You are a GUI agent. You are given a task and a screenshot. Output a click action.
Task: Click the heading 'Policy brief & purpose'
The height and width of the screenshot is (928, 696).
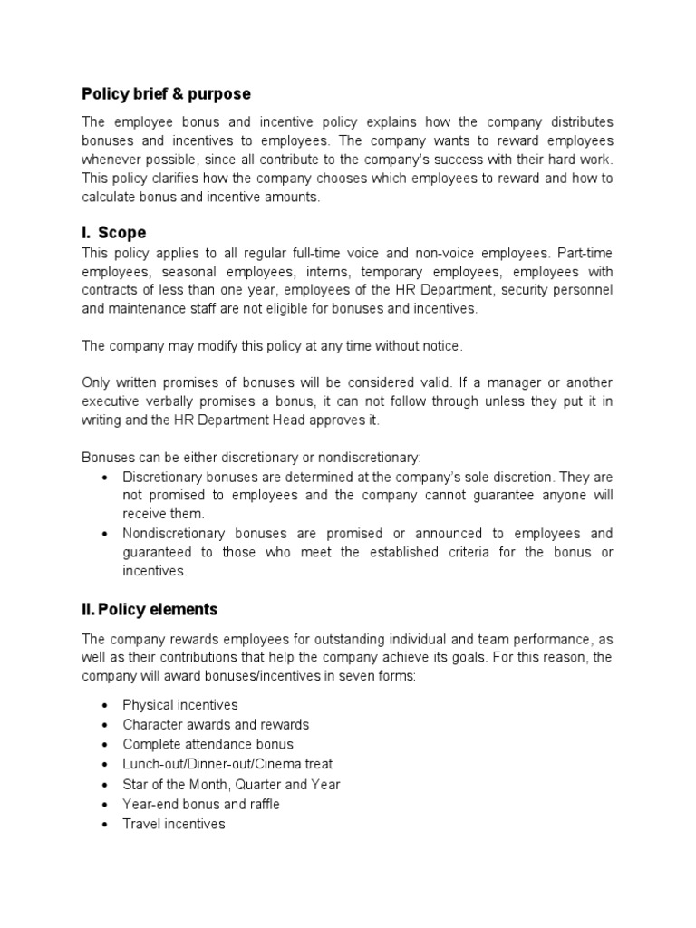pos(166,94)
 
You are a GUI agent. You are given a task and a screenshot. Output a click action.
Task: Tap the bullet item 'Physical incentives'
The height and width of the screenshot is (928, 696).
pos(180,705)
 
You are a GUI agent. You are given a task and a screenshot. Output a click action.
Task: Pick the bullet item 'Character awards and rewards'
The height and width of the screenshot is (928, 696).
pos(216,725)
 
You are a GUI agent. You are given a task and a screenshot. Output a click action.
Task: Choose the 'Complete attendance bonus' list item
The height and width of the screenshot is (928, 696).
pos(208,745)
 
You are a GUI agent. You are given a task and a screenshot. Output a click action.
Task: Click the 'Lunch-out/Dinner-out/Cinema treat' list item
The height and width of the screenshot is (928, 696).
pos(230,765)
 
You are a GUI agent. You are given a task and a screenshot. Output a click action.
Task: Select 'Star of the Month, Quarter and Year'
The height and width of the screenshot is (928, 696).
pos(231,785)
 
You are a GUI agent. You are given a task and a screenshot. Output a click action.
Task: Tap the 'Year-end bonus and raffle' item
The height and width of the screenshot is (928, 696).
pos(201,805)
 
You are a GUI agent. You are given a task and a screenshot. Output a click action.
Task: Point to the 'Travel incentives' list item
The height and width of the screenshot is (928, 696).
pos(174,825)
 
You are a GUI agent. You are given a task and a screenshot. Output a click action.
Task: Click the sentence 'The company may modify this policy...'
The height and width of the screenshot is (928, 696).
pos(273,346)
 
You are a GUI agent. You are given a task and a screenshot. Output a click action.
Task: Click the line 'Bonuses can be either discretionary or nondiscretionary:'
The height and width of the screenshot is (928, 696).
pos(252,457)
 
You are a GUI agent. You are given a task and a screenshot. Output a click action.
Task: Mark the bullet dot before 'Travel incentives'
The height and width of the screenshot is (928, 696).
pos(106,825)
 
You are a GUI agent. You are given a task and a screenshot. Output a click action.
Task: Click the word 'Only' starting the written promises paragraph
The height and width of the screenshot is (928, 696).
pos(96,382)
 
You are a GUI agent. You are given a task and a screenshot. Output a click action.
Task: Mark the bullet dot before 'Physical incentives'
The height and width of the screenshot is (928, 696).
pos(106,705)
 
